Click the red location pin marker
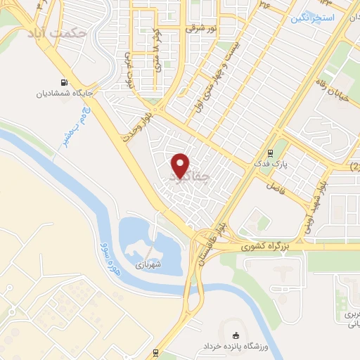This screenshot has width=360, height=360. pyautogui.click(x=181, y=165)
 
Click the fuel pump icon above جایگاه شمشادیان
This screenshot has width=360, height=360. pyautogui.click(x=65, y=81)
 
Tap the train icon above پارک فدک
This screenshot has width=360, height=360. pyautogui.click(x=271, y=153)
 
